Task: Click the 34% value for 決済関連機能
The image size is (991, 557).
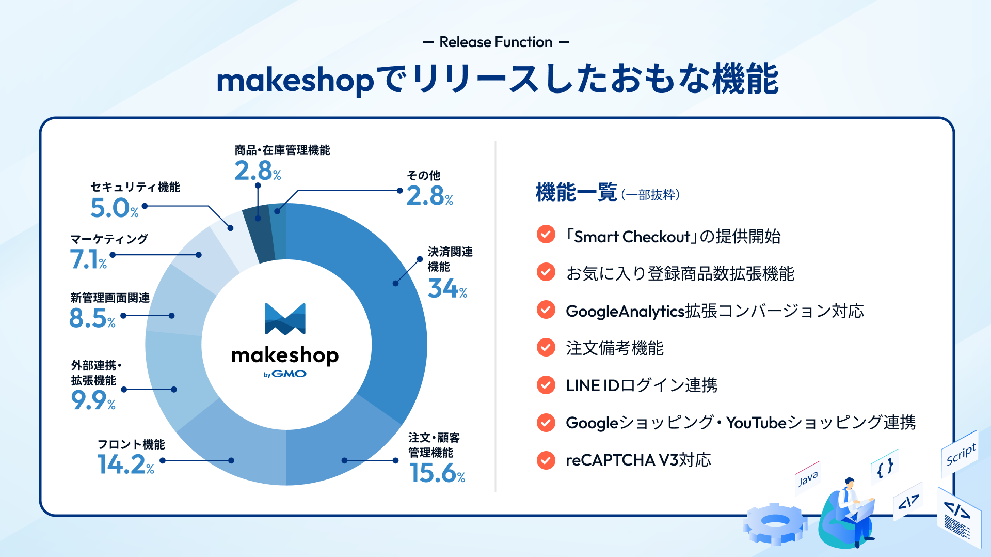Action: pyautogui.click(x=447, y=288)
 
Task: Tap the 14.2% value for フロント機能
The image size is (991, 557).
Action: pyautogui.click(x=126, y=464)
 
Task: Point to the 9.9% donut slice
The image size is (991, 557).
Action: pyautogui.click(x=170, y=382)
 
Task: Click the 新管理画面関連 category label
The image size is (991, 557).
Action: pyautogui.click(x=110, y=298)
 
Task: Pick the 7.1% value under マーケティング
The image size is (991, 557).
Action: pyautogui.click(x=88, y=259)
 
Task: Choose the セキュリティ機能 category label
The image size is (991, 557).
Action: pyautogui.click(x=135, y=187)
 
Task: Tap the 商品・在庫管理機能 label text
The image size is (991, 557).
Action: pyautogui.click(x=282, y=150)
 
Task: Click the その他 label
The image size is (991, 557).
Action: pyautogui.click(x=423, y=176)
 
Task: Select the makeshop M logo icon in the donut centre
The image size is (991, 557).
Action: pyautogui.click(x=285, y=319)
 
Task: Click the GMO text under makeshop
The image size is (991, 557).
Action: pyautogui.click(x=289, y=374)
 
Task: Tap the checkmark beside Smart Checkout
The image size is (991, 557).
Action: pyautogui.click(x=546, y=235)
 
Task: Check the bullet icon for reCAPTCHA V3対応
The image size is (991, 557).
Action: pyautogui.click(x=546, y=460)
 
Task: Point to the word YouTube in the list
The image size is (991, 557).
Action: pyautogui.click(x=756, y=423)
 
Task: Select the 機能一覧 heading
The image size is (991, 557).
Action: pyautogui.click(x=577, y=192)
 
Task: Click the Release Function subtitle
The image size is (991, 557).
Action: pyautogui.click(x=496, y=42)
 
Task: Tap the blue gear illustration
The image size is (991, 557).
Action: pyautogui.click(x=775, y=524)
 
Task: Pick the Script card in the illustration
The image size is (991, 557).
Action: pyautogui.click(x=960, y=454)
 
